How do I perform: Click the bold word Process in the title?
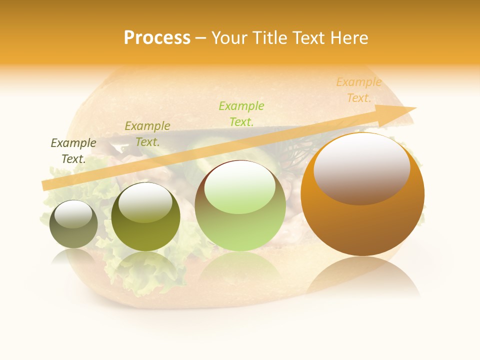[157, 38]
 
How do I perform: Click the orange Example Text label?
[358, 90]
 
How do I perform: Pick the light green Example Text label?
[241, 113]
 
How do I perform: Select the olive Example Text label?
[147, 133]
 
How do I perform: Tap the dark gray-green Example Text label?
[73, 151]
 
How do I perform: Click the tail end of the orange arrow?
[45, 185]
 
